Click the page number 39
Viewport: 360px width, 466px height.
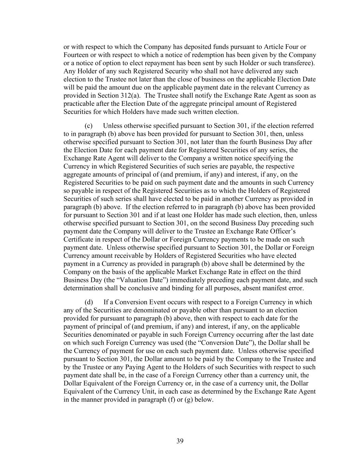point(180,441)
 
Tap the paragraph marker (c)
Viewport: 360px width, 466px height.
point(88,126)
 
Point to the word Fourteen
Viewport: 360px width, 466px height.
point(76,55)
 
